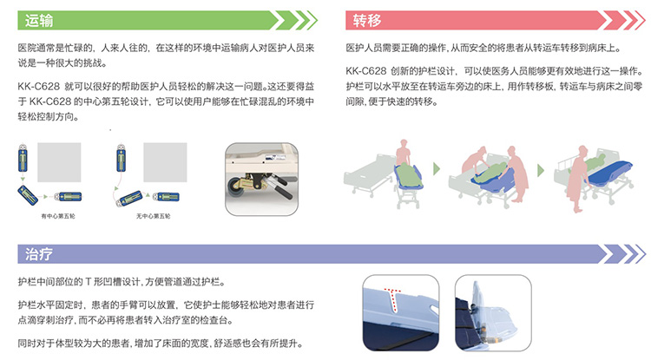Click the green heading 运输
point(39,20)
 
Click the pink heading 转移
point(367,20)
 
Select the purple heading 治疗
point(39,254)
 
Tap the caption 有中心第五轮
point(58,216)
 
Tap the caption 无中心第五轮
point(153,216)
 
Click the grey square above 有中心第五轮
point(59,162)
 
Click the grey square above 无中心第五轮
point(165,162)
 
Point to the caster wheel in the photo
point(236,187)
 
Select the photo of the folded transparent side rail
point(493,312)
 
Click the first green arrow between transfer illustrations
point(436,169)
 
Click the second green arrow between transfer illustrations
point(541,170)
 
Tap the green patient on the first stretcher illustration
point(408,175)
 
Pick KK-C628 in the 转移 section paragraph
point(365,71)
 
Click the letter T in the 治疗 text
point(88,282)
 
